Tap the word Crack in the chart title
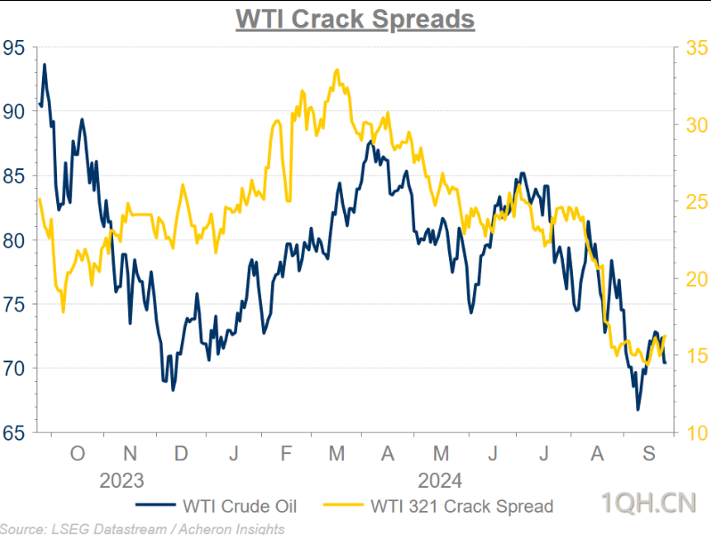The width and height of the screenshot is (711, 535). (x=328, y=19)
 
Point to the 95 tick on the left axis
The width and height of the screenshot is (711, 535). (x=13, y=47)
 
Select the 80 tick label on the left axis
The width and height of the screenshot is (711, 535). (x=13, y=240)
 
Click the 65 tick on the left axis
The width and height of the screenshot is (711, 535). (x=13, y=434)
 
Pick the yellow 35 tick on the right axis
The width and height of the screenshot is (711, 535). (x=697, y=47)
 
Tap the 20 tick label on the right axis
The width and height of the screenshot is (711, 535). (x=697, y=279)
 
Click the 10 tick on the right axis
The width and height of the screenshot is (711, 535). (x=697, y=434)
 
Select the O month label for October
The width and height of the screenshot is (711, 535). (x=78, y=453)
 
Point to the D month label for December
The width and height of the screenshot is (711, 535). (x=181, y=453)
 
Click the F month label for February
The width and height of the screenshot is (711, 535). (x=286, y=453)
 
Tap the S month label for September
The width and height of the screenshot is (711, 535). (x=649, y=453)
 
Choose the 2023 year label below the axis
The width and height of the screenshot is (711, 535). (x=121, y=481)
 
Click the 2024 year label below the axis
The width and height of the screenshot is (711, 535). (x=440, y=481)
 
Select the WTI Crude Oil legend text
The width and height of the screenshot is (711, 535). (x=240, y=507)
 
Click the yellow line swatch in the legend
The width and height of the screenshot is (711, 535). (x=343, y=505)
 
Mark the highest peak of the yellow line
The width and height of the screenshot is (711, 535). (x=337, y=69)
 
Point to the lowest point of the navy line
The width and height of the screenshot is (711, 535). (x=638, y=409)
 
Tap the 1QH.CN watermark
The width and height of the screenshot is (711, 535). (x=649, y=503)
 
